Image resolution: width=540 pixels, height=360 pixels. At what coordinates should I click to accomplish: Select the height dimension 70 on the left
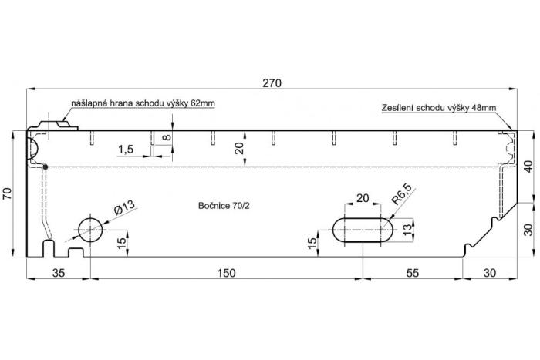click(x=8, y=195)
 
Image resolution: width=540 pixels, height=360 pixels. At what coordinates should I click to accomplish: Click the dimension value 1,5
click(x=127, y=149)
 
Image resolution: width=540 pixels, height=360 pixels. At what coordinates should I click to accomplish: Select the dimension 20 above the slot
click(x=363, y=198)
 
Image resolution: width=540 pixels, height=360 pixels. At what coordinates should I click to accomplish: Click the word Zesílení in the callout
click(x=398, y=109)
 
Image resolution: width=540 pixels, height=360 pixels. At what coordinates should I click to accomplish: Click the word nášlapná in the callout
click(x=89, y=103)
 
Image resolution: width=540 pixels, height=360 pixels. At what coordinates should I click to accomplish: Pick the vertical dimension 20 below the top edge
click(x=239, y=148)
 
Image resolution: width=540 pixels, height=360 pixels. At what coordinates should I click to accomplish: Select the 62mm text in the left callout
click(x=201, y=103)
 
